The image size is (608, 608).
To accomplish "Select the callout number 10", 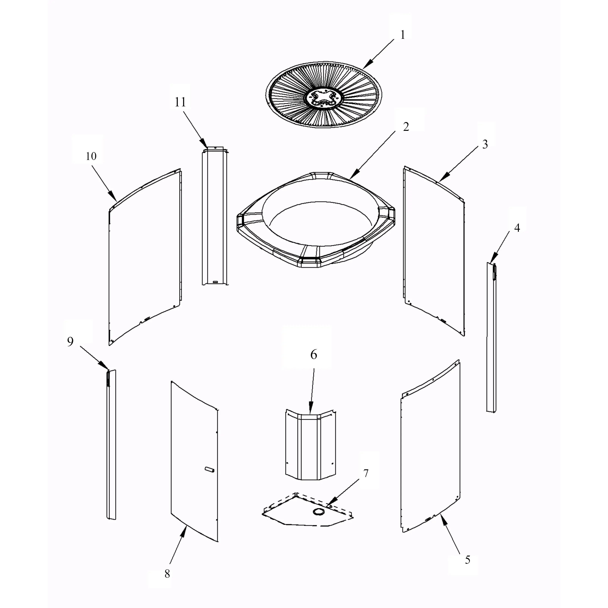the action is [x=91, y=156].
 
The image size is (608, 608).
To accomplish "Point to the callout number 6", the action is [x=314, y=355].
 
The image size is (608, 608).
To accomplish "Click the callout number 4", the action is [x=517, y=228].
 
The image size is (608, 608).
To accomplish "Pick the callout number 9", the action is [x=70, y=342].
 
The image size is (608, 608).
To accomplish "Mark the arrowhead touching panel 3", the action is [x=442, y=178].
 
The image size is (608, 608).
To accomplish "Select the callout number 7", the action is [x=366, y=482].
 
